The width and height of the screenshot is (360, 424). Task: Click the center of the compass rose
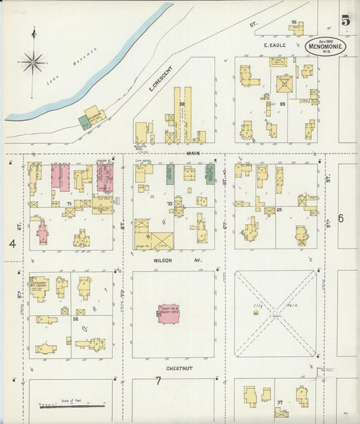point(32,63)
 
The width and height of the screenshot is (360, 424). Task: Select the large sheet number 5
point(345,20)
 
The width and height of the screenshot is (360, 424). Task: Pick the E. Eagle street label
point(275,45)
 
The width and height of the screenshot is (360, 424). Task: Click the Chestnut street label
point(181,369)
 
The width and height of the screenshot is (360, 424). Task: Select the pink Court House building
point(172,313)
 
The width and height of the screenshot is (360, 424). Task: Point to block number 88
point(182,104)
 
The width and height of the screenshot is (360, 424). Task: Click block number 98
point(294,22)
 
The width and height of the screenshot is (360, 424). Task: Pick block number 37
point(278,402)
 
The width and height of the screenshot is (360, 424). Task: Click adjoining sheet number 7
point(158,381)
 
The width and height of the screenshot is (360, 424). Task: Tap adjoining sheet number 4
point(11,242)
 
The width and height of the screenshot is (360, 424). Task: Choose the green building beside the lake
point(84,122)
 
